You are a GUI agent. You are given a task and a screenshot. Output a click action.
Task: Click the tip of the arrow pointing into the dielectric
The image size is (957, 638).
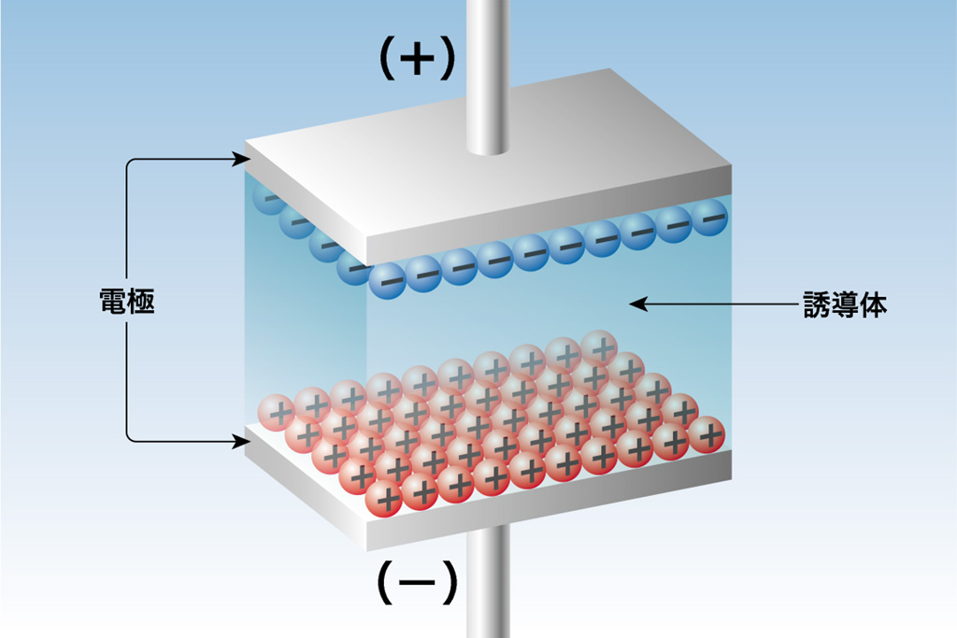[629, 304]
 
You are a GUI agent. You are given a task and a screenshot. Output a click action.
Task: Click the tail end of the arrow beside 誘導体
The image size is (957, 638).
[798, 304]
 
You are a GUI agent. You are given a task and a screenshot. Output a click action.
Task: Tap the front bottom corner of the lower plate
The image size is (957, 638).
[366, 550]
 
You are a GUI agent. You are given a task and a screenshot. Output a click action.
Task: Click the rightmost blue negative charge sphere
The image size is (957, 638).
[709, 217]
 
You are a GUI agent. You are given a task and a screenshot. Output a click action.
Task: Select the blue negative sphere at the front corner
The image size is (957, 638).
[387, 281]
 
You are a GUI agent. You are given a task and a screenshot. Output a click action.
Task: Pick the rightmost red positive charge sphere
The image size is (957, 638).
[707, 435]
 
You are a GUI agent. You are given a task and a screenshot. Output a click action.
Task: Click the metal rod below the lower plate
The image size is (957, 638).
[488, 583]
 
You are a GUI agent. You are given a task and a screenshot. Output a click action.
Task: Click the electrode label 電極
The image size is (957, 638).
[127, 302]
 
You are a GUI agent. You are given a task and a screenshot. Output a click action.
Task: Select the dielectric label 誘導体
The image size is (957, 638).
[845, 304]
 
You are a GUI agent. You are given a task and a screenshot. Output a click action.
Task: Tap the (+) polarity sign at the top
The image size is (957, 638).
[418, 58]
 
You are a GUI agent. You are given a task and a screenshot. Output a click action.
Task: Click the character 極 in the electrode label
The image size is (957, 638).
[142, 302]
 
